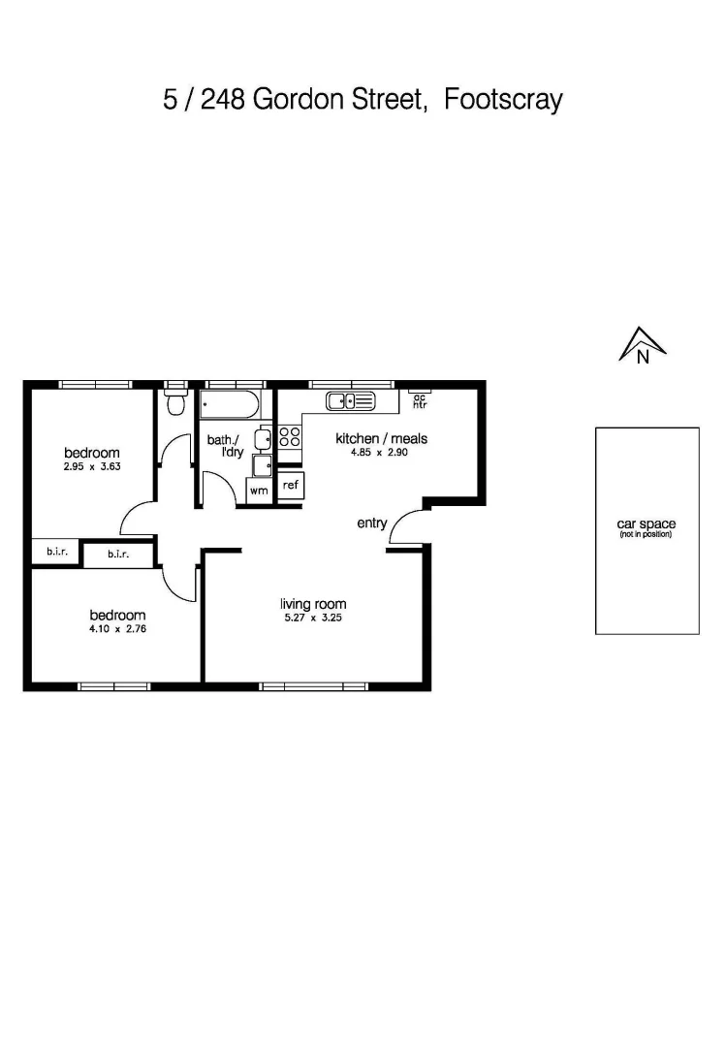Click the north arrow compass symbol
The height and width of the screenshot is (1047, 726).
[x=642, y=346]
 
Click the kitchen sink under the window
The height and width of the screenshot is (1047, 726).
[x=350, y=400]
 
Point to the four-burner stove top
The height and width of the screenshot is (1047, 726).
[x=290, y=436]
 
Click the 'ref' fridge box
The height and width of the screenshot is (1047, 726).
[x=291, y=485]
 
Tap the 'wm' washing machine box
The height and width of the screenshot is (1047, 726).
[x=259, y=491]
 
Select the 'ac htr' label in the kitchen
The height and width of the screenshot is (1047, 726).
[x=420, y=400]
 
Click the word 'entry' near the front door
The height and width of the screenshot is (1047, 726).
[x=372, y=523]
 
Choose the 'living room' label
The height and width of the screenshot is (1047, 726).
[x=313, y=605]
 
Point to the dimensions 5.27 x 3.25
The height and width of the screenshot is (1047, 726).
[x=313, y=618]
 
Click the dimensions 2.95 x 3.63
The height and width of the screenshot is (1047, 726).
[x=92, y=466]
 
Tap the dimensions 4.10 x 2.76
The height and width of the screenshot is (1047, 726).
[x=117, y=628]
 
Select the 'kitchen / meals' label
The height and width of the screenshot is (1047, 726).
[x=381, y=438]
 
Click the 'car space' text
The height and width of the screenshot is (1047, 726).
[x=647, y=524]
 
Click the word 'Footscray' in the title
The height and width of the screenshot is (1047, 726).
[x=503, y=100]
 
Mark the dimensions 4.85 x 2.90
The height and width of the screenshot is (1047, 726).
[x=381, y=452]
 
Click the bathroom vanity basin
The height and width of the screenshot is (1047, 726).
[x=263, y=439]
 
